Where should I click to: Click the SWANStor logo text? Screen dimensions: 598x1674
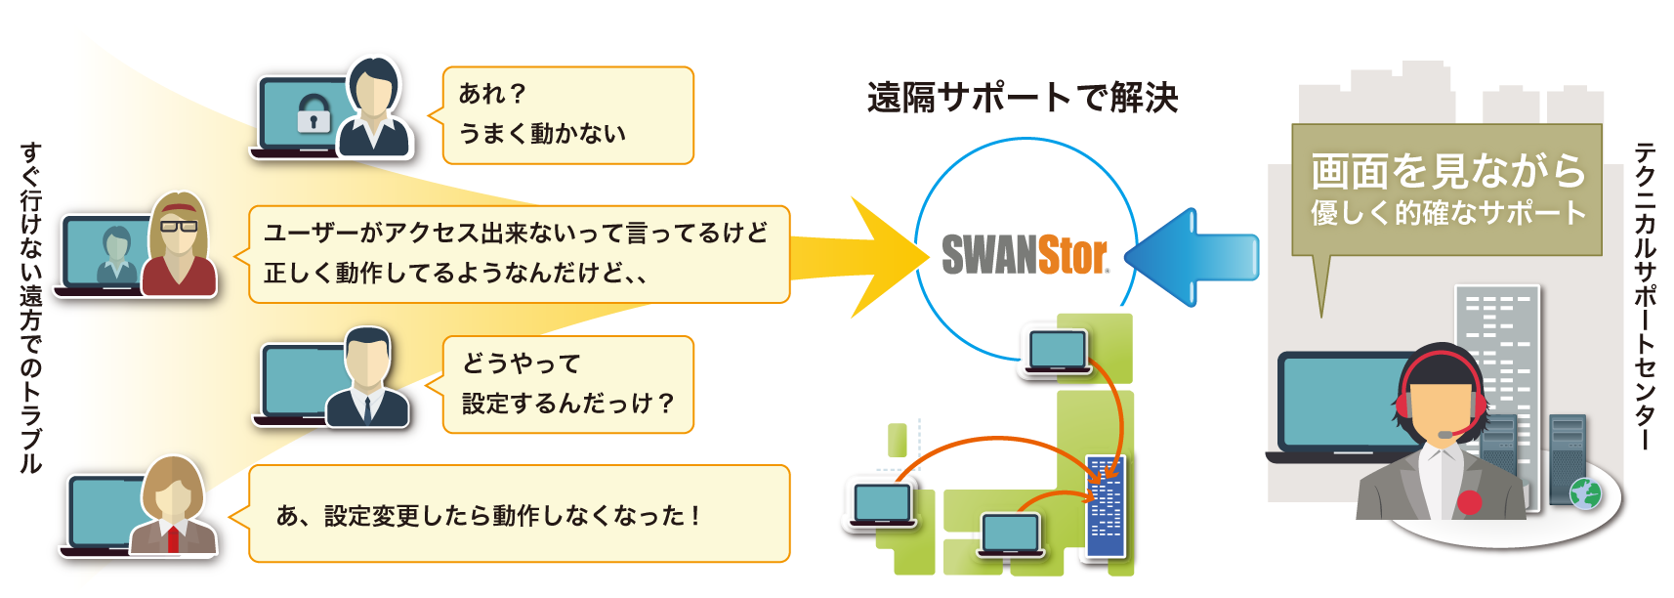coord(1025,254)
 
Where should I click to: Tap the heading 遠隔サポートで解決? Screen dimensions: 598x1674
coord(1022,98)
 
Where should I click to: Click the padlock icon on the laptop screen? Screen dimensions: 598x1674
coord(314,113)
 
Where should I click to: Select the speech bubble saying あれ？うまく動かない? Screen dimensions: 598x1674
coord(567,115)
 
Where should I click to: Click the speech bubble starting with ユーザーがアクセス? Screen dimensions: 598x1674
coord(519,254)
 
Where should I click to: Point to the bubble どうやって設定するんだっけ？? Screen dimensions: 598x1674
coord(567,384)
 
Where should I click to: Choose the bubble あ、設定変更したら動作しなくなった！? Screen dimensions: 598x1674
coord(519,514)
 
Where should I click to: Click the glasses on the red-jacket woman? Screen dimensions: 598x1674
coord(178,226)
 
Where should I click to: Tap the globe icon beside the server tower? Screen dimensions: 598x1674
coord(1584,493)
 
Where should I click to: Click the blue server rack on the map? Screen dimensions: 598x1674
coord(1106,506)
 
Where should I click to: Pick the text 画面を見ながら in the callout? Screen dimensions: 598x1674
coord(1447,172)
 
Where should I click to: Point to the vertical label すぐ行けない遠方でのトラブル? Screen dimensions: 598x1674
coord(31,309)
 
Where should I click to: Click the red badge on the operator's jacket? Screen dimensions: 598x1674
coord(1469,502)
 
